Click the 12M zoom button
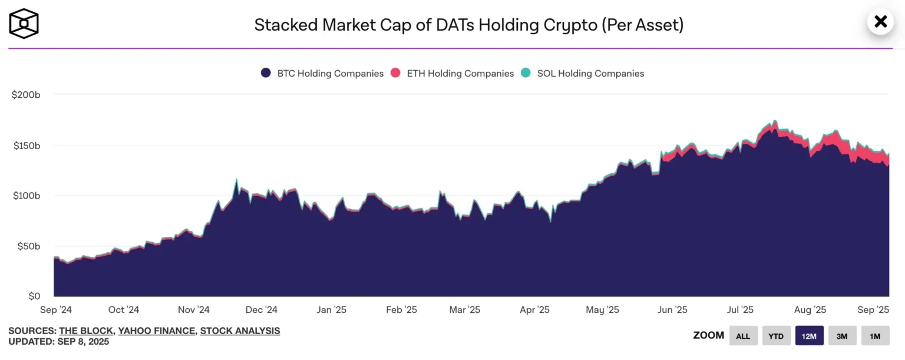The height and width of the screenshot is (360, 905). click(809, 336)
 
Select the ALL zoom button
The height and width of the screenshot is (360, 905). click(743, 336)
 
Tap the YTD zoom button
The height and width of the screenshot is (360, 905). click(776, 336)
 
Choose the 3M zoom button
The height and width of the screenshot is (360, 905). click(842, 336)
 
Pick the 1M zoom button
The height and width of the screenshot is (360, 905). click(875, 336)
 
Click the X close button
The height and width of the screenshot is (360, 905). click(880, 22)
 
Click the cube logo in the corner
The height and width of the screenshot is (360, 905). click(24, 24)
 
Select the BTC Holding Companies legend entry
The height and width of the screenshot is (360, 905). click(322, 74)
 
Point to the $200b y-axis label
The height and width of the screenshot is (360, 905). click(26, 95)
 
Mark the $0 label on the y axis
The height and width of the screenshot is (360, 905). click(34, 296)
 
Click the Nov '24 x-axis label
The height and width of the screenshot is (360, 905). click(194, 310)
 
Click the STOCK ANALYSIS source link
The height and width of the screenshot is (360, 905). click(240, 331)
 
